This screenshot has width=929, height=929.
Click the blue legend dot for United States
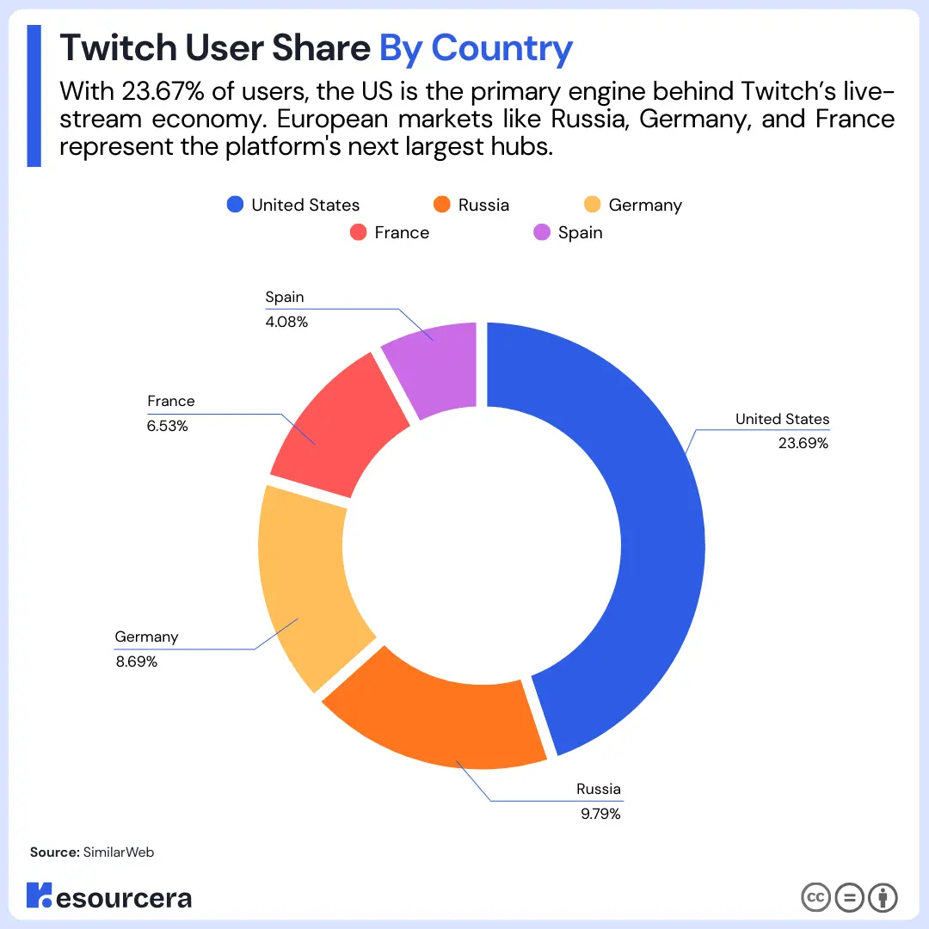point(235,205)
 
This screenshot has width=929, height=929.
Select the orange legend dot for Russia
point(442,205)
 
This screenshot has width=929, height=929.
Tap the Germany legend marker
point(592,205)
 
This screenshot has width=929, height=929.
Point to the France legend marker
point(359,232)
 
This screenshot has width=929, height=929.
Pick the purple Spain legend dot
point(542,232)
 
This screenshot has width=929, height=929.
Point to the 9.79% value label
point(600,814)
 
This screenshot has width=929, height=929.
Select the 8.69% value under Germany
point(136,661)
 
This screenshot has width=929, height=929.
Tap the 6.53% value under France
point(168,426)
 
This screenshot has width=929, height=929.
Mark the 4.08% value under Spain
point(286,322)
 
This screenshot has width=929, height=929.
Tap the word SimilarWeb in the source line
point(119,852)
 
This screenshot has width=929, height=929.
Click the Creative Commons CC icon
point(815,898)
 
